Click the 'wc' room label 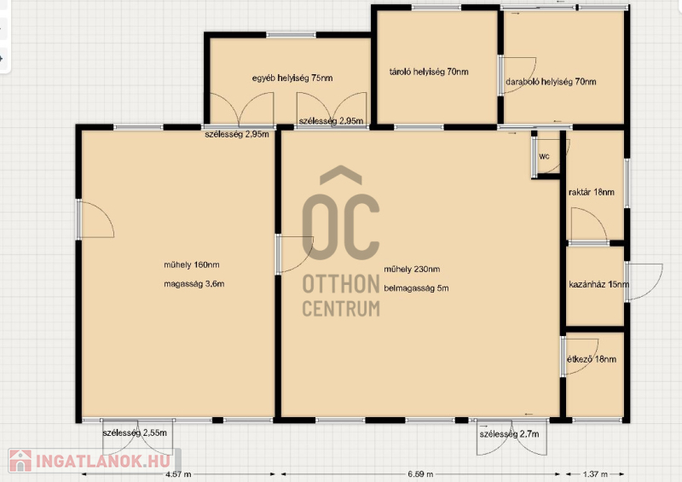tap(544, 156)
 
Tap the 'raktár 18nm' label tap(592, 192)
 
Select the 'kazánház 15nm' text tap(599, 284)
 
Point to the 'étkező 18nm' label tap(592, 359)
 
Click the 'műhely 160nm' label tap(192, 264)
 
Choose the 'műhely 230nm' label tap(412, 269)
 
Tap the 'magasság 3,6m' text tap(194, 284)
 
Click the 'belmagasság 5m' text tap(416, 287)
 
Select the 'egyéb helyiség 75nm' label tap(292, 78)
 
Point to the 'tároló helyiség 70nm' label tap(429, 72)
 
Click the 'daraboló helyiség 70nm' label tap(551, 81)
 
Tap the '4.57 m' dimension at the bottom tap(178, 474)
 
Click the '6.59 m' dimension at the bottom tap(420, 473)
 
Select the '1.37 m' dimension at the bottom tap(594, 473)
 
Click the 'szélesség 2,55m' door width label tap(135, 433)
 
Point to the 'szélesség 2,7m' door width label tap(509, 434)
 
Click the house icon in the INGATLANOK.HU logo tap(20, 461)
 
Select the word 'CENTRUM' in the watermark tap(341, 308)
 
